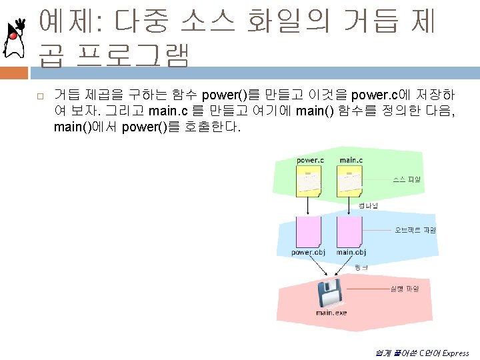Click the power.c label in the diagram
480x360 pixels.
click(310, 160)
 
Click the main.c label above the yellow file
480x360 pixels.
click(351, 160)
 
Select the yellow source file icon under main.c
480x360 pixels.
click(350, 181)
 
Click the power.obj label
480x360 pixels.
click(309, 253)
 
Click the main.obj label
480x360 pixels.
click(351, 253)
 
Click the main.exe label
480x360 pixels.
click(331, 312)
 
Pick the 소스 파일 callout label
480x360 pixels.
click(408, 179)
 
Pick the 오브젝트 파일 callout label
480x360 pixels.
click(415, 230)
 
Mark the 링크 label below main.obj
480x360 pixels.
click(361, 267)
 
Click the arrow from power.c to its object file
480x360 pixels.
click(308, 207)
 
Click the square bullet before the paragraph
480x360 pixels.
click(40, 97)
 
